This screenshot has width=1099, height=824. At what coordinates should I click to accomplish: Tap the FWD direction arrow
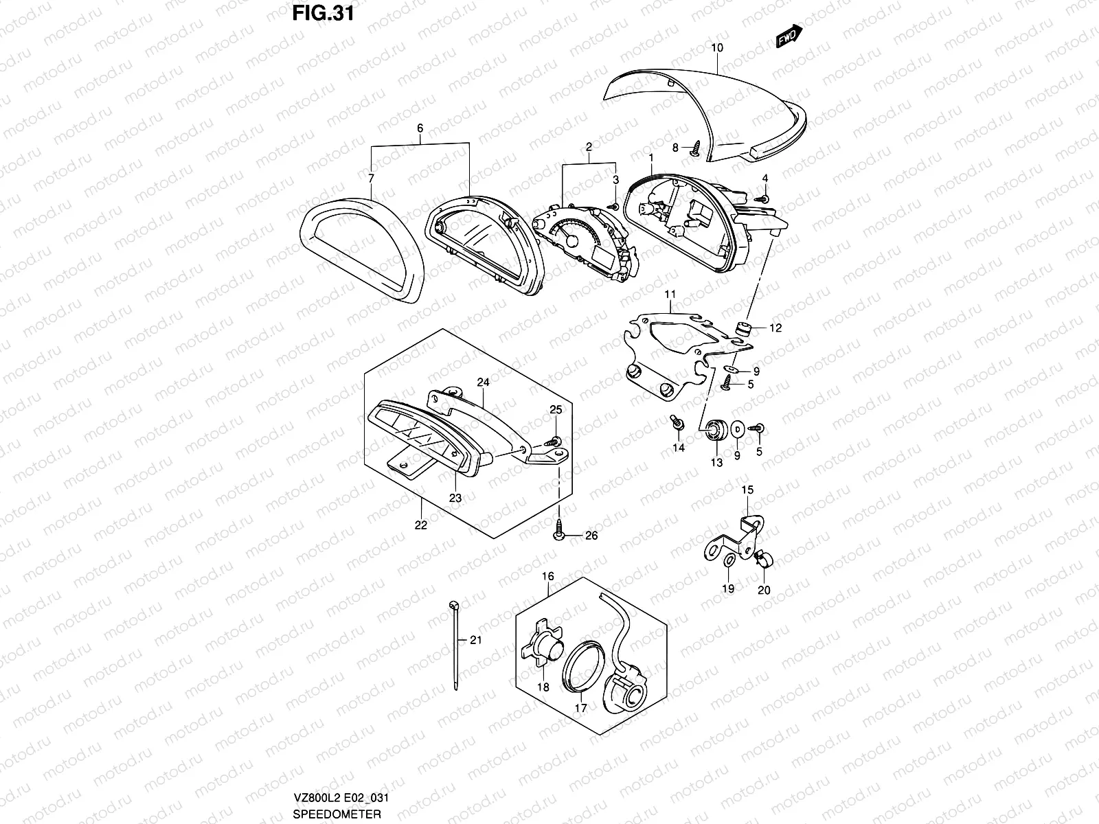click(x=788, y=38)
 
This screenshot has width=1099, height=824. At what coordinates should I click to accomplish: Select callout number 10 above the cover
click(x=717, y=48)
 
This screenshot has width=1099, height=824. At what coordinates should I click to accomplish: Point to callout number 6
click(x=420, y=128)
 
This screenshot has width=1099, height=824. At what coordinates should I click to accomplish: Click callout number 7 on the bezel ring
click(x=372, y=179)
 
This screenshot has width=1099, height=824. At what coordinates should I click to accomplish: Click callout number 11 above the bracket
click(x=670, y=294)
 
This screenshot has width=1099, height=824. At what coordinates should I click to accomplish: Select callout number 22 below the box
click(x=421, y=525)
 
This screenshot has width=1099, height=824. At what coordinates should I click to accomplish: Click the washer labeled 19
click(x=728, y=564)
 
